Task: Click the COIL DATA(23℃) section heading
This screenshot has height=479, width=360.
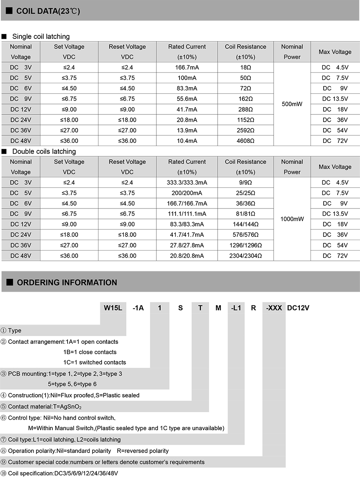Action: click(48, 11)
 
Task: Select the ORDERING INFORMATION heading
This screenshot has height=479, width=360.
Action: click(67, 283)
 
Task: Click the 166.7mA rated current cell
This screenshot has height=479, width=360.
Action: click(187, 67)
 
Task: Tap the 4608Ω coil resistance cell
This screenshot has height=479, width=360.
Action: click(246, 141)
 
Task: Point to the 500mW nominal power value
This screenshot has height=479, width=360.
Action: click(292, 104)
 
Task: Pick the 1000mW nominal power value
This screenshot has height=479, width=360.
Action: click(292, 219)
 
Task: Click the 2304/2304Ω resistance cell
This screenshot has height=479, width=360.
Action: click(246, 256)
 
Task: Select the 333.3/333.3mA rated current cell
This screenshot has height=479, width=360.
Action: click(187, 182)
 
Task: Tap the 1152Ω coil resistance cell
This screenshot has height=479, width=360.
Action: click(246, 120)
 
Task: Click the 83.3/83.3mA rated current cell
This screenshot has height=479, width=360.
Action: click(187, 224)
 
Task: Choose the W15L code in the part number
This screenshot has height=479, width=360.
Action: click(113, 308)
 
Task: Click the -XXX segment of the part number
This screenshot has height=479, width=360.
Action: click(274, 308)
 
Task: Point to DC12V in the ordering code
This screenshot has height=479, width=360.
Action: click(298, 308)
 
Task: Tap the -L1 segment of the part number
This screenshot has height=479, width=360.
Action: click(236, 308)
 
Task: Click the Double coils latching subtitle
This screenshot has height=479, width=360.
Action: click(44, 151)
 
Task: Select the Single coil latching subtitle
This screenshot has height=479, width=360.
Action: click(41, 36)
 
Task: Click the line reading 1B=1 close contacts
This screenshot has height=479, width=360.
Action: click(90, 352)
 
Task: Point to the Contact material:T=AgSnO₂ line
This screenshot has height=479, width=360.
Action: click(45, 407)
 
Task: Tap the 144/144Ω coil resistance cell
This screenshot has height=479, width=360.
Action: click(246, 224)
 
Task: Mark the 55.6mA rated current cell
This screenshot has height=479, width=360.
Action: click(187, 99)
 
